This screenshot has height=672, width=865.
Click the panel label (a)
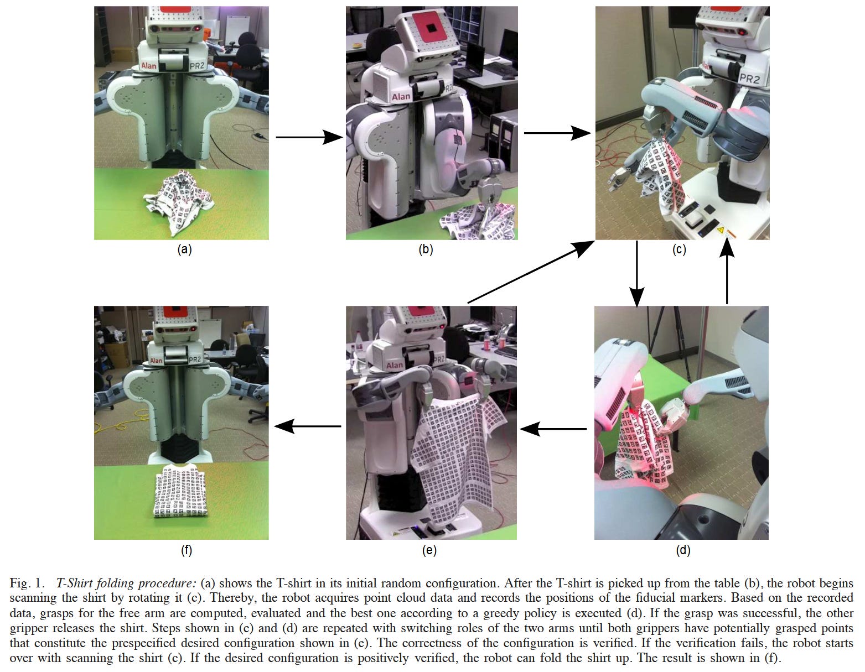tap(184, 249)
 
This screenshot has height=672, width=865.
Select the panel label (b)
tap(426, 249)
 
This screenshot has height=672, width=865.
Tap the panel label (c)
tap(679, 249)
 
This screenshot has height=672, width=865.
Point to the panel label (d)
tap(683, 550)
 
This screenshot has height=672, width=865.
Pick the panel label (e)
tap(429, 550)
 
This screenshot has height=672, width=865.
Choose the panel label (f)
tap(187, 550)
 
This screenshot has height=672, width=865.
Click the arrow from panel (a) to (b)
tap(309, 137)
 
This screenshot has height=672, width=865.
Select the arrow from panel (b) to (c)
tap(557, 133)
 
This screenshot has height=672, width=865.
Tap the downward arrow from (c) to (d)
tap(637, 274)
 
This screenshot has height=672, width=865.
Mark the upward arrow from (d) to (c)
tap(727, 272)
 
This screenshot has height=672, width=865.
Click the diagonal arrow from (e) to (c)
tap(531, 272)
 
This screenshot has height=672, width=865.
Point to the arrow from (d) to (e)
tap(553, 429)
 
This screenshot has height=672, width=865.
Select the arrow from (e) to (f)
tap(308, 426)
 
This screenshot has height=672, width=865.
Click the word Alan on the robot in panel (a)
tap(148, 66)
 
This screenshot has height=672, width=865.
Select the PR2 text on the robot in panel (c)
tap(749, 79)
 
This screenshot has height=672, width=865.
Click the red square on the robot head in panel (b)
tap(431, 27)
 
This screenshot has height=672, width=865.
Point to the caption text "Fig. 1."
tap(26, 584)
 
